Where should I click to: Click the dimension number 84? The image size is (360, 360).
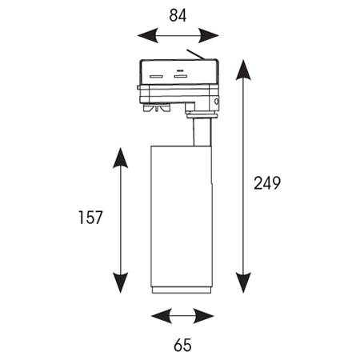pyautogui.click(x=178, y=15)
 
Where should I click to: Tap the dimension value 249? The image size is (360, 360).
pyautogui.click(x=267, y=183)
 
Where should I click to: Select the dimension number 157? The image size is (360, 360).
pyautogui.click(x=90, y=218)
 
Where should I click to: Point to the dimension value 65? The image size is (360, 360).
pyautogui.click(x=182, y=345)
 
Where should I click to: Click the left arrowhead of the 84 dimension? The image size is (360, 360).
pyautogui.click(x=148, y=35)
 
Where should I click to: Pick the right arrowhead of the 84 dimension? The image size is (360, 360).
pyautogui.click(x=209, y=35)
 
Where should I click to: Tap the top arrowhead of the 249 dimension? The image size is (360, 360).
pyautogui.click(x=243, y=70)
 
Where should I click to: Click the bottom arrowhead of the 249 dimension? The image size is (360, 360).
pyautogui.click(x=243, y=283)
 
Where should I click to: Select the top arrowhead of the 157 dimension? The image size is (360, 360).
pyautogui.click(x=121, y=158)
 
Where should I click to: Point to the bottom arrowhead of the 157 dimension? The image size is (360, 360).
pyautogui.click(x=121, y=283)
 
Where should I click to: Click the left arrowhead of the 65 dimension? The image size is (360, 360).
pyautogui.click(x=162, y=316)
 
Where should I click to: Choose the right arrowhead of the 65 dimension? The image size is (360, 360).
pyautogui.click(x=204, y=316)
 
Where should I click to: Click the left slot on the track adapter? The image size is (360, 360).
pyautogui.click(x=156, y=77)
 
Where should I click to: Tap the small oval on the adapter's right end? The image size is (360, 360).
pyautogui.click(x=216, y=102)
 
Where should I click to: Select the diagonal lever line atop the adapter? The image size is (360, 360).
pyautogui.click(x=195, y=54)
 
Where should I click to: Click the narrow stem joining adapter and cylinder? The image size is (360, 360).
pyautogui.click(x=202, y=132)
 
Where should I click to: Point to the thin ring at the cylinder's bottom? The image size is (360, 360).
pyautogui.click(x=182, y=290)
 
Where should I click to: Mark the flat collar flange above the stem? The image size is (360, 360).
pyautogui.click(x=202, y=116)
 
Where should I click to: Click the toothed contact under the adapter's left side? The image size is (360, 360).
pyautogui.click(x=156, y=108)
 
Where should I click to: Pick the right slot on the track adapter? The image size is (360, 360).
pyautogui.click(x=180, y=77)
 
